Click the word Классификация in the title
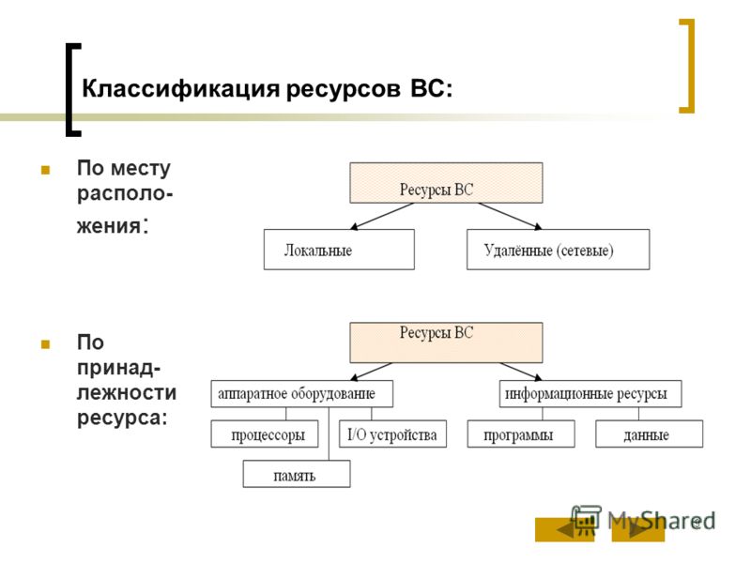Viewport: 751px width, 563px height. click(180, 89)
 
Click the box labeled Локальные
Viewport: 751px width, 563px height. click(339, 250)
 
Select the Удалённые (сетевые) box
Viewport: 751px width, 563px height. click(558, 250)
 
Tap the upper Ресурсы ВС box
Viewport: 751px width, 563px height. click(446, 183)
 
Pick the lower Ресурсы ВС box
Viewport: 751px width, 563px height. click(446, 342)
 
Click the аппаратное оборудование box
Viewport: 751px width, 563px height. click(301, 394)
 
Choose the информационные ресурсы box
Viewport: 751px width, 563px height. click(590, 394)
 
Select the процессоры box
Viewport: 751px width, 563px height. click(265, 434)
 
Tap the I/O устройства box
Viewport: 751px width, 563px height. click(392, 434)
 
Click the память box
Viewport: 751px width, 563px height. click(297, 474)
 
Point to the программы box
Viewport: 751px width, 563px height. click(521, 434)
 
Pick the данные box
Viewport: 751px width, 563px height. click(649, 434)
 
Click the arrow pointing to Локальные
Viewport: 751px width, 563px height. click(382, 217)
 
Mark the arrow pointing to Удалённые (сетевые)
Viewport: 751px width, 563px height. click(510, 217)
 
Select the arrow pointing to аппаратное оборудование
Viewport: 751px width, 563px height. click(371, 372)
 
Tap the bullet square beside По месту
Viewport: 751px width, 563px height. click(45, 170)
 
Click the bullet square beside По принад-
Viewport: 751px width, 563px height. click(45, 343)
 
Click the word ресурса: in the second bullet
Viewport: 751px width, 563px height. click(122, 418)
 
